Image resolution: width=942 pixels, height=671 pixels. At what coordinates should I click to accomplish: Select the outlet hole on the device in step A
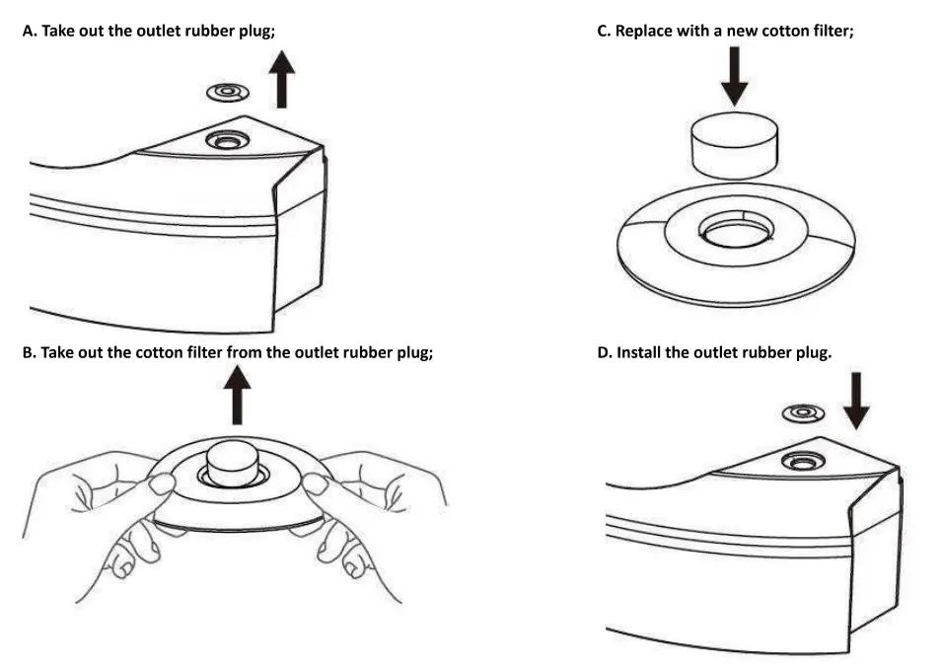(226, 140)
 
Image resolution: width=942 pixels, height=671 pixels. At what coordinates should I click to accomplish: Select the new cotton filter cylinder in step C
(734, 142)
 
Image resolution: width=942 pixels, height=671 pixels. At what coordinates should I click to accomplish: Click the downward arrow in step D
(857, 399)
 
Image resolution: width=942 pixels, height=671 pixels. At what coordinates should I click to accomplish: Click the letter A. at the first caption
(30, 31)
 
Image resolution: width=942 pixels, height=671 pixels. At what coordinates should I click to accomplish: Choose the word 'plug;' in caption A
(257, 31)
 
